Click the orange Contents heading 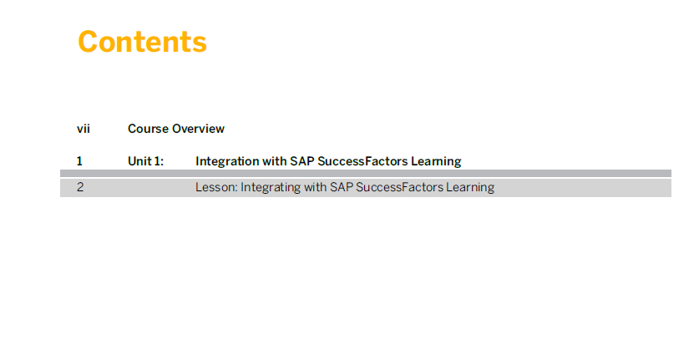click(142, 42)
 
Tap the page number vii click(84, 129)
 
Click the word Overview click(198, 129)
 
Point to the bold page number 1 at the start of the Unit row click(79, 161)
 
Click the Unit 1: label click(145, 161)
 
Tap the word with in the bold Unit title click(275, 161)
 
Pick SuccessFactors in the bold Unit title click(362, 161)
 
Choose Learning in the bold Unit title click(436, 161)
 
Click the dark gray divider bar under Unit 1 click(366, 173)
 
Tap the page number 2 click(80, 187)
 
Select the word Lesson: click(216, 187)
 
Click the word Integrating click(271, 188)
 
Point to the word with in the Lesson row click(315, 187)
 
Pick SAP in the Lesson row click(342, 187)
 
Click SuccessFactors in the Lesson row click(399, 187)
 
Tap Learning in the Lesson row click(470, 188)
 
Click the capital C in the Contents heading click(88, 42)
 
